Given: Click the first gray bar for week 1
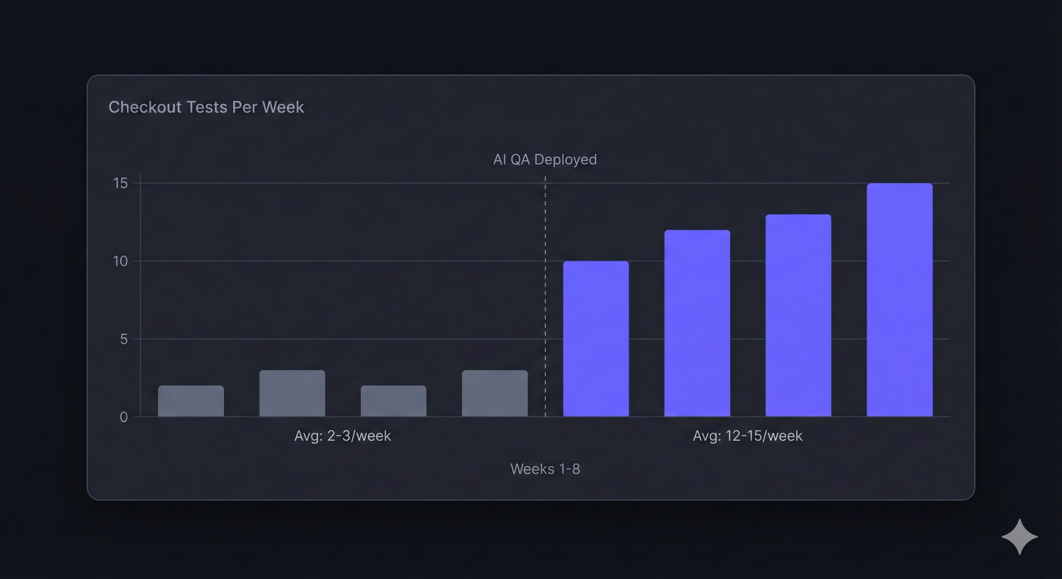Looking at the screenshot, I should pos(191,401).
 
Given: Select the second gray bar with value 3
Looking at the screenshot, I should pos(292,393).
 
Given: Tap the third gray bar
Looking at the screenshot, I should pos(393,401).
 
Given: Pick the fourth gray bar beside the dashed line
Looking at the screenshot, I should pos(494,393).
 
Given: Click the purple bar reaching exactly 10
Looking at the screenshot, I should pos(596,339).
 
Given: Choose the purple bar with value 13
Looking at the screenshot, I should pos(798,315).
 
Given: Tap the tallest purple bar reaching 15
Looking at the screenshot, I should pos(899,300).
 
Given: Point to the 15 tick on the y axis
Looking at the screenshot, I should pos(120,183).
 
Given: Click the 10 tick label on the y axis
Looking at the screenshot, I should pos(120,261).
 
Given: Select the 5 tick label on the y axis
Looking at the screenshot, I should pos(124,339).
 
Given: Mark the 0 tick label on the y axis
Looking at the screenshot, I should pos(124,417).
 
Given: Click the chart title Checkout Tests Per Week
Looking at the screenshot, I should pos(206,107).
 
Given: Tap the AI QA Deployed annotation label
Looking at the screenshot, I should pos(545,159).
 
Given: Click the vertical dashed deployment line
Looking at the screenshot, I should pos(545,297).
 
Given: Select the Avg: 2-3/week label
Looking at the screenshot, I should pos(342,436).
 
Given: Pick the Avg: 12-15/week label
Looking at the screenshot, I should pos(747,436).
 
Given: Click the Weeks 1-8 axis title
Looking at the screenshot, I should pos(545,469).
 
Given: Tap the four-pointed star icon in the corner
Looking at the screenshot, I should pos(1019,536).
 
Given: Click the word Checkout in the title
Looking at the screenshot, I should pos(145,107).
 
